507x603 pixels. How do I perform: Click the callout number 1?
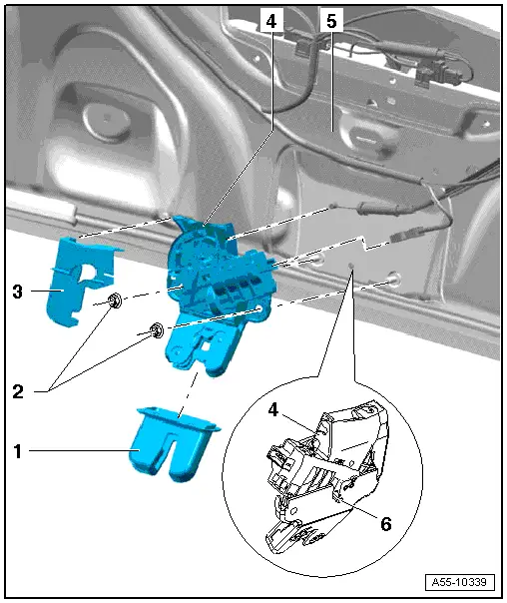pos(18,451)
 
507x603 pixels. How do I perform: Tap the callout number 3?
pos(18,292)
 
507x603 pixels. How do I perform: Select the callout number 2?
pos(18,392)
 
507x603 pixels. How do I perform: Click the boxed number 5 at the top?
pos(331,21)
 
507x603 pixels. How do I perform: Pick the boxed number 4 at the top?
pos(271,21)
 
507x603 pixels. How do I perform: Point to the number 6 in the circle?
pos(386,524)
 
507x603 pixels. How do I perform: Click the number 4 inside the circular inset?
pos(272,410)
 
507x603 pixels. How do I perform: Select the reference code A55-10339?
pos(459,582)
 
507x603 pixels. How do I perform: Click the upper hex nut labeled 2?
pos(115,300)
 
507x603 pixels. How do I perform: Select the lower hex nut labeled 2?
pos(157,330)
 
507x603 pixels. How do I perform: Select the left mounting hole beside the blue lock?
pos(317,261)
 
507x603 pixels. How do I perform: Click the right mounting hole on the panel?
pos(393,279)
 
